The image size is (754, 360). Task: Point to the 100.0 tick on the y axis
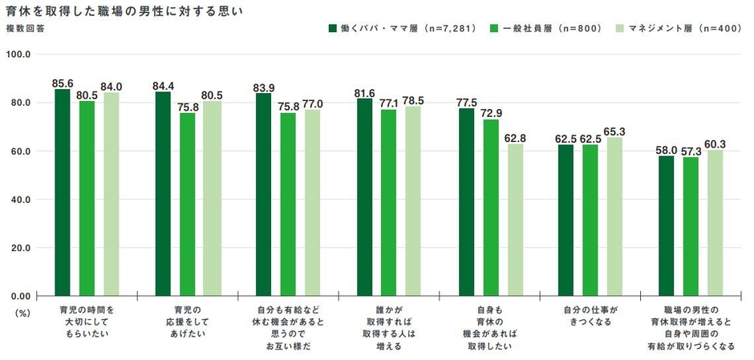point(18,55)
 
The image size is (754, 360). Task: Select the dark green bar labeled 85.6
point(63,192)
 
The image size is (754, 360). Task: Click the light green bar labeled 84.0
point(111,194)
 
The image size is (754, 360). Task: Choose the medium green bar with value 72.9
point(490,208)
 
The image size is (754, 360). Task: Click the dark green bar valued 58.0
point(667,225)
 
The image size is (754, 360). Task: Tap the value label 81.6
point(365,93)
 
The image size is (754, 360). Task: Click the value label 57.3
point(691,151)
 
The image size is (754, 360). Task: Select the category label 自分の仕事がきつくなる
point(590,316)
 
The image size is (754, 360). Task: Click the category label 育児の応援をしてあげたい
point(188,316)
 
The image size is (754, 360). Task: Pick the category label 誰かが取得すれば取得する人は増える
point(389,327)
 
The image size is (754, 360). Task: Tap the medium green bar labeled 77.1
point(389,202)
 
